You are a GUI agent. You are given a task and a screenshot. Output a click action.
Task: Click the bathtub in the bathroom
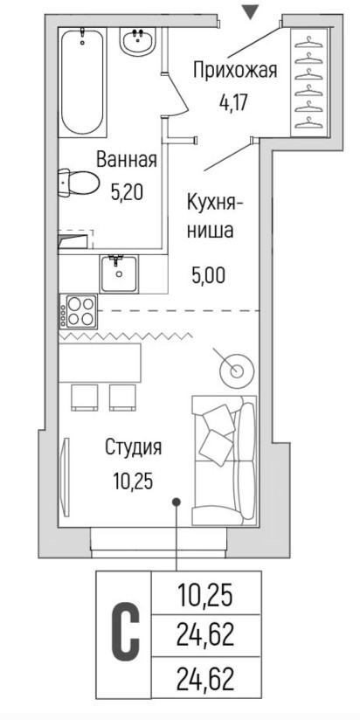[x=83, y=82]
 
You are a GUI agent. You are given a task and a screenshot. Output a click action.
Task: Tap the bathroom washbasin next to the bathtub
[x=137, y=40]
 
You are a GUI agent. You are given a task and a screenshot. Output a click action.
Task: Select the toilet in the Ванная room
[x=79, y=183]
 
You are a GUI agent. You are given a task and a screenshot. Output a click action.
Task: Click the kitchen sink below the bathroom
[x=119, y=274]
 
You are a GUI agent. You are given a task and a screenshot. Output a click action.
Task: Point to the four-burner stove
[x=79, y=311]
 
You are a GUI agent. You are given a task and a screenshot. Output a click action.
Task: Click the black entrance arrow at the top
[x=250, y=12]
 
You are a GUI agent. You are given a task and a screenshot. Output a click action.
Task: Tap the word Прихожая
[x=235, y=71]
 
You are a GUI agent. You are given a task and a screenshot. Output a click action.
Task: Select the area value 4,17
[x=233, y=102]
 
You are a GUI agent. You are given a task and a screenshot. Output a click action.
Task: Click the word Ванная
[x=127, y=160]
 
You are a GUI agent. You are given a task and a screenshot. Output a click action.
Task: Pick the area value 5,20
[x=128, y=192]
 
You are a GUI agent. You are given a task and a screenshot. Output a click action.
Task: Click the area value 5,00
[x=209, y=275]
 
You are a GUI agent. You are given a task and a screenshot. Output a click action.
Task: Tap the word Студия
[x=133, y=447]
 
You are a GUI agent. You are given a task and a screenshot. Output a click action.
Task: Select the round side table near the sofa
[x=236, y=370]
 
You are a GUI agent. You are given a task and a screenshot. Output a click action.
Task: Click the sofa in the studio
[x=224, y=460]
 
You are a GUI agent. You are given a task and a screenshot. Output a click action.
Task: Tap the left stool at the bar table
[x=84, y=398]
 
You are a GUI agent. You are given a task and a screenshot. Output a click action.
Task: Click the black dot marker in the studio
[x=177, y=502]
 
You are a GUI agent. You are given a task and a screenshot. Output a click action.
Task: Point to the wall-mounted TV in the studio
[x=66, y=471]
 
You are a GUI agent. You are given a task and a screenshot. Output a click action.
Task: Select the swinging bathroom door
[x=177, y=92]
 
